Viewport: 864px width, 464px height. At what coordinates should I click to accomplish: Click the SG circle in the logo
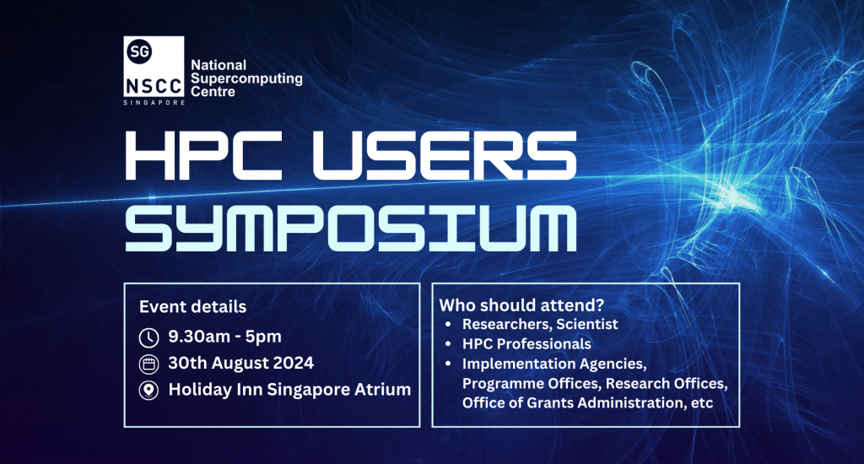(140, 52)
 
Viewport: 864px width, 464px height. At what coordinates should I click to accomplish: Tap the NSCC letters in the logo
(154, 86)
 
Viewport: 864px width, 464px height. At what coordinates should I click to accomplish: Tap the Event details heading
(192, 306)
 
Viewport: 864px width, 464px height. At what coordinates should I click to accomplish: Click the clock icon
(148, 337)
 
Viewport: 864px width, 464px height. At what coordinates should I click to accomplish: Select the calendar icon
(148, 364)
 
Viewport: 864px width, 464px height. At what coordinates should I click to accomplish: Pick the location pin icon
(148, 390)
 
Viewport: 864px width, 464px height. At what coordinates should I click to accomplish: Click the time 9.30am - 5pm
(224, 337)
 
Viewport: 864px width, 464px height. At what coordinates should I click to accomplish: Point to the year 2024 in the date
(291, 364)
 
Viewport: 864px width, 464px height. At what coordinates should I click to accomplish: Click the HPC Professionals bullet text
(526, 343)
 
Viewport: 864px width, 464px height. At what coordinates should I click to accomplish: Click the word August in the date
(239, 364)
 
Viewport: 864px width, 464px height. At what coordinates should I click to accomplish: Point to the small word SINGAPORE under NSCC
(154, 102)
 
